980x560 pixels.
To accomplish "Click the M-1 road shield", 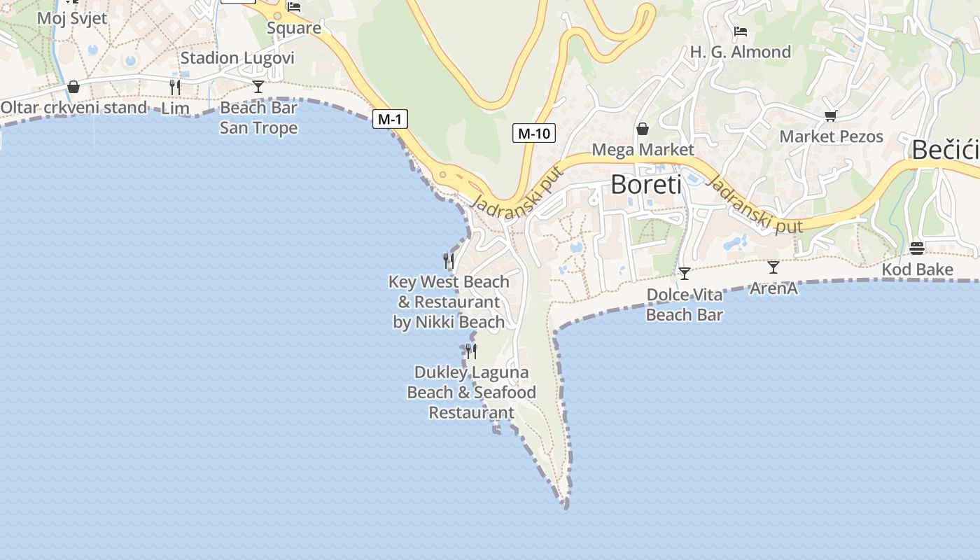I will pyautogui.click(x=389, y=119).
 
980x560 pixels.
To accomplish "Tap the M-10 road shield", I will pyautogui.click(x=533, y=133).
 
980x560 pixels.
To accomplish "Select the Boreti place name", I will pyautogui.click(x=645, y=185).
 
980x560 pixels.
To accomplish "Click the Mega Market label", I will pyautogui.click(x=643, y=150).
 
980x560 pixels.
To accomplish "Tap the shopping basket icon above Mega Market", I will pyautogui.click(x=642, y=129).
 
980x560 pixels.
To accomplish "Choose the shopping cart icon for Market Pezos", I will pyautogui.click(x=831, y=115).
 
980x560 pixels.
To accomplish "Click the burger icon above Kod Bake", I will pyautogui.click(x=917, y=248).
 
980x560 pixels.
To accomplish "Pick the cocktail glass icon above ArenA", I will pyautogui.click(x=773, y=267).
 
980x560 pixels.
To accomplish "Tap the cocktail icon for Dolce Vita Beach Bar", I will pyautogui.click(x=684, y=273).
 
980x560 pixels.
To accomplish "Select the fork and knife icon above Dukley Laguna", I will pyautogui.click(x=471, y=351).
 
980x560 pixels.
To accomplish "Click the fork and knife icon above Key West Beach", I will pyautogui.click(x=449, y=261).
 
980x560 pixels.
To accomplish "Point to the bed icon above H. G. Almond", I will pyautogui.click(x=740, y=31).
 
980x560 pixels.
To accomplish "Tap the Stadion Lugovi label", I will pyautogui.click(x=237, y=58).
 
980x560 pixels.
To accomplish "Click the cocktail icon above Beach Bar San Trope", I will pyautogui.click(x=258, y=86).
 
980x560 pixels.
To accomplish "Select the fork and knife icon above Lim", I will pyautogui.click(x=175, y=87).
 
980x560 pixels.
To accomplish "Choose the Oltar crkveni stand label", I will pyautogui.click(x=73, y=108).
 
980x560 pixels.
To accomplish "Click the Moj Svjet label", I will pyautogui.click(x=72, y=18).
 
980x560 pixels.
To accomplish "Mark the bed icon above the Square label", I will pyautogui.click(x=294, y=7).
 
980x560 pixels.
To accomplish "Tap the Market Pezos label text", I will pyautogui.click(x=831, y=136).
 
